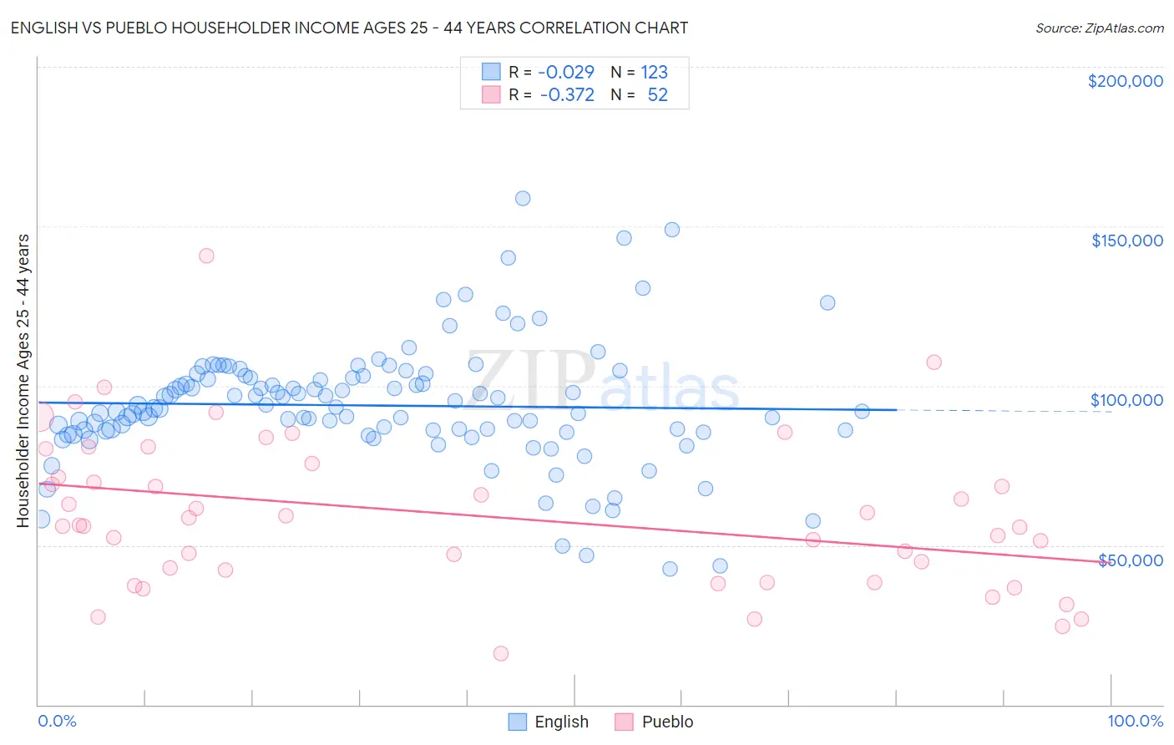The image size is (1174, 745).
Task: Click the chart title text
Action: tap(349, 28)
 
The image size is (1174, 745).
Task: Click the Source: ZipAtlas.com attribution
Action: tap(1099, 28)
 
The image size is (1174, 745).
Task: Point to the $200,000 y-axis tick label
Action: tap(1125, 81)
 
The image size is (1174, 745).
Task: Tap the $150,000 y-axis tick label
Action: tap(1126, 241)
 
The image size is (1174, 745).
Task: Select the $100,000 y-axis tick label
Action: tap(1126, 400)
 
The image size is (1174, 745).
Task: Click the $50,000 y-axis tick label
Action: tap(1130, 560)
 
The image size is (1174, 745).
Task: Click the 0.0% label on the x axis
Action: tap(57, 721)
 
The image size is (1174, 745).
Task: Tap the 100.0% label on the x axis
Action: tap(1135, 721)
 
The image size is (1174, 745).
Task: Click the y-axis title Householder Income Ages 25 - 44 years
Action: tap(23, 381)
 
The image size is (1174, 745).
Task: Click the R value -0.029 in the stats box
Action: tap(565, 72)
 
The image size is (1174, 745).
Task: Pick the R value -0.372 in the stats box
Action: tap(567, 94)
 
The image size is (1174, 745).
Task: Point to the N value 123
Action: tap(654, 72)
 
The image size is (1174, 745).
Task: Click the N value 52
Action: tap(657, 94)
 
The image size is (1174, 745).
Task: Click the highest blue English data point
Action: tap(523, 198)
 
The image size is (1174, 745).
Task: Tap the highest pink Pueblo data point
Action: tap(206, 256)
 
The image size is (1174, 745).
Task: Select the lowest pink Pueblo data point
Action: tap(501, 653)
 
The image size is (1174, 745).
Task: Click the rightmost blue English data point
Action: tap(862, 411)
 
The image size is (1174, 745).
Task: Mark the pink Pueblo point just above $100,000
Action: tap(934, 362)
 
